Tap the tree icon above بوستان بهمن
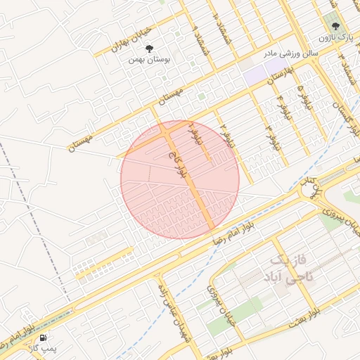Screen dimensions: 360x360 click(149, 49)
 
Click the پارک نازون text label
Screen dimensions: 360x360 click(334, 36)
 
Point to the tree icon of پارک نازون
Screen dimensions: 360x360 click(335, 25)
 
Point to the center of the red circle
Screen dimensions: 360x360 click(180, 179)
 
